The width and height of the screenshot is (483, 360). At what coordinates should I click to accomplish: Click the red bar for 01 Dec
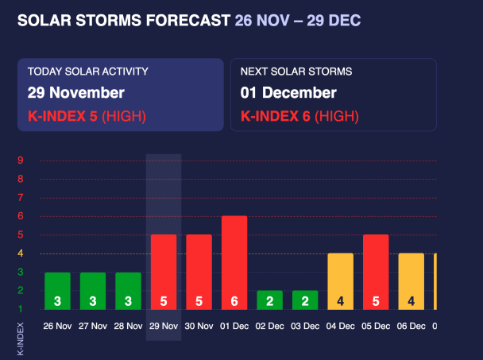click(x=234, y=262)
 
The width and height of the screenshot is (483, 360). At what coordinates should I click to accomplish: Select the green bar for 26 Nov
click(x=57, y=291)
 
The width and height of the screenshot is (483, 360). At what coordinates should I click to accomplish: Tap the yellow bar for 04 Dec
click(x=340, y=281)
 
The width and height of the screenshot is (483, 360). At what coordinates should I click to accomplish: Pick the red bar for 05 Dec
click(x=376, y=272)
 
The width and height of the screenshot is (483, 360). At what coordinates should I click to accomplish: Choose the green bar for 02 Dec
click(x=269, y=300)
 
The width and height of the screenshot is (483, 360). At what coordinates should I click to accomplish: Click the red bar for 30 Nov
click(x=199, y=272)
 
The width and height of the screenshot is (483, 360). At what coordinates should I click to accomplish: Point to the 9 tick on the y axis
click(x=21, y=161)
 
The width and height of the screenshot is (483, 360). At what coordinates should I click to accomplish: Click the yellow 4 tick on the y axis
click(x=21, y=254)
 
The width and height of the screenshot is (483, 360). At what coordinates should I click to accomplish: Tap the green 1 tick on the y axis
click(x=21, y=309)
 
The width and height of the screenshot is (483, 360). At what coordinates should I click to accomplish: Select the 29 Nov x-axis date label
click(x=164, y=326)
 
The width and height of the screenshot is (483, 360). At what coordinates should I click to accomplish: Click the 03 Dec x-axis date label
click(x=305, y=326)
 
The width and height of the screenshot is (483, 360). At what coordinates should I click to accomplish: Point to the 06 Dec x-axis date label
click(x=412, y=326)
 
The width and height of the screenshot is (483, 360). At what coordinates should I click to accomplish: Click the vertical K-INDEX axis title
click(x=21, y=339)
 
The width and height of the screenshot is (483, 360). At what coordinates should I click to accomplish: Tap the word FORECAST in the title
click(x=188, y=21)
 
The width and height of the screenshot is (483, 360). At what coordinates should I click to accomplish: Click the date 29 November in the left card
click(x=76, y=92)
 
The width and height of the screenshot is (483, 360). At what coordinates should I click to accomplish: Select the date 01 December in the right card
click(x=288, y=92)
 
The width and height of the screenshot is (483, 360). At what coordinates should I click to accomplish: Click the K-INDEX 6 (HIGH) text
click(x=299, y=116)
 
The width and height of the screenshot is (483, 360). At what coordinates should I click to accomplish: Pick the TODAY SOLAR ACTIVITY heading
click(x=88, y=72)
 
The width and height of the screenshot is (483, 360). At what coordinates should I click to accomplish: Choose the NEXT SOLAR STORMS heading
click(x=296, y=72)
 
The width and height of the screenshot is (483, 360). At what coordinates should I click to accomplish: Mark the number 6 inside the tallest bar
click(x=234, y=301)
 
